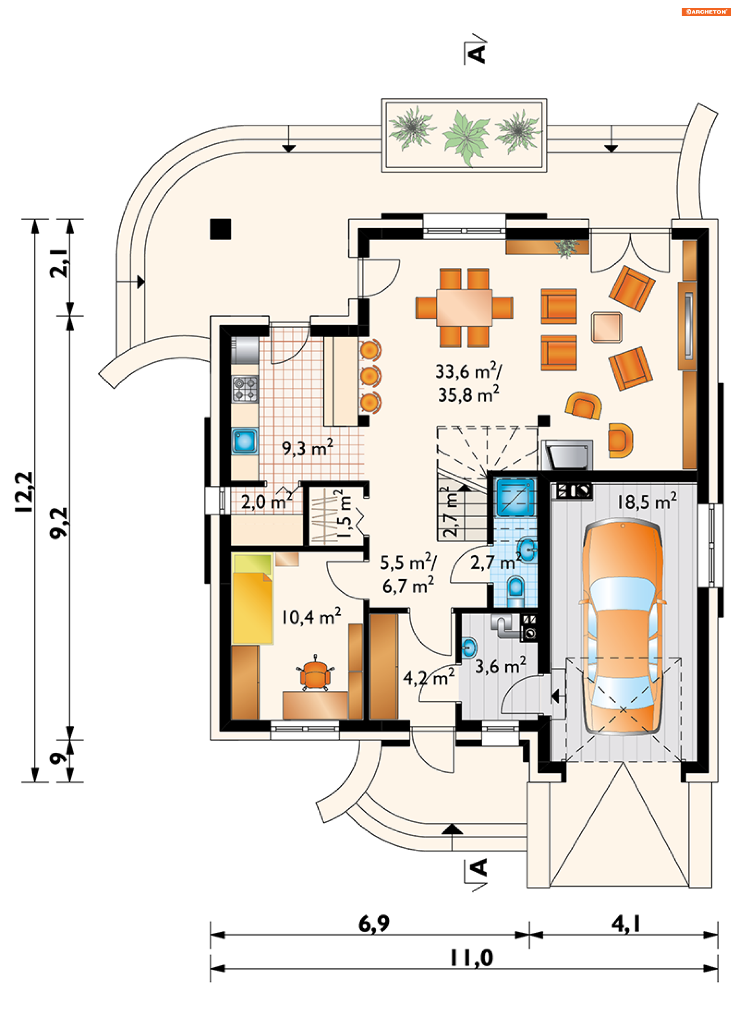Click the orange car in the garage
622,627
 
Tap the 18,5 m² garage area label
647,501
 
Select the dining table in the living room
464,308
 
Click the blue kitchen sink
245,441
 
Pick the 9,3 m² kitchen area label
308,448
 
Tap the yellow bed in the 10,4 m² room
252,599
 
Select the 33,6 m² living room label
469,371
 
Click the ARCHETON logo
706,12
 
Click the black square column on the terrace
221,229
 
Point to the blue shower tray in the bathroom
516,497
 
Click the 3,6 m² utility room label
501,666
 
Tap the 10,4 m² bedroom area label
311,617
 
